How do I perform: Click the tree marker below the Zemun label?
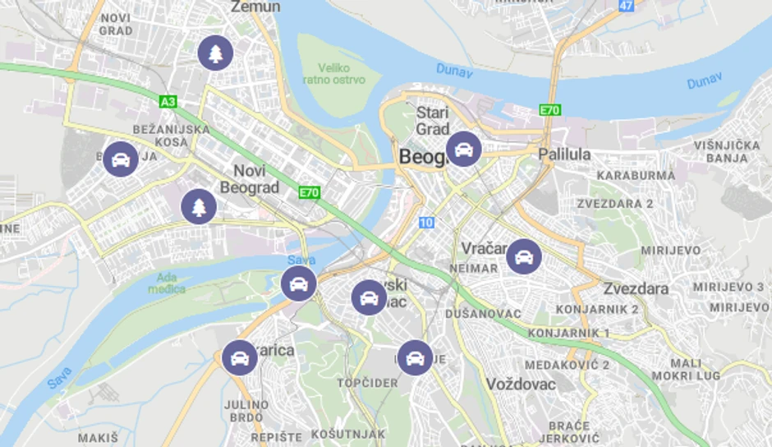coord(215,53)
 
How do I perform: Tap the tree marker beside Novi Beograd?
coord(199,206)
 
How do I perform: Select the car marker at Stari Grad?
coord(463,149)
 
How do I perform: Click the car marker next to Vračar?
coord(523,256)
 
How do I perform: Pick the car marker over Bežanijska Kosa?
coord(121,159)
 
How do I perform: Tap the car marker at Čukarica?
coord(239,357)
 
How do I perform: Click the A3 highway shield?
coord(168,102)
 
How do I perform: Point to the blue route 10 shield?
coord(425,222)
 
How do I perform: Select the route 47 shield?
coord(627,6)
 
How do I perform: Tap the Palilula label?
coord(564,154)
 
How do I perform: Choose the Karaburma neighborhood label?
coord(636,176)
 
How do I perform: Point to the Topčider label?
coord(367,383)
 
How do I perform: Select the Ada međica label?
coord(167,283)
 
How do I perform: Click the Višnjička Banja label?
coord(727,151)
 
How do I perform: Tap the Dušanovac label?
coord(483,314)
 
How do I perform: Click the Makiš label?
coord(98,437)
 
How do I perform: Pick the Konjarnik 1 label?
coord(568,333)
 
